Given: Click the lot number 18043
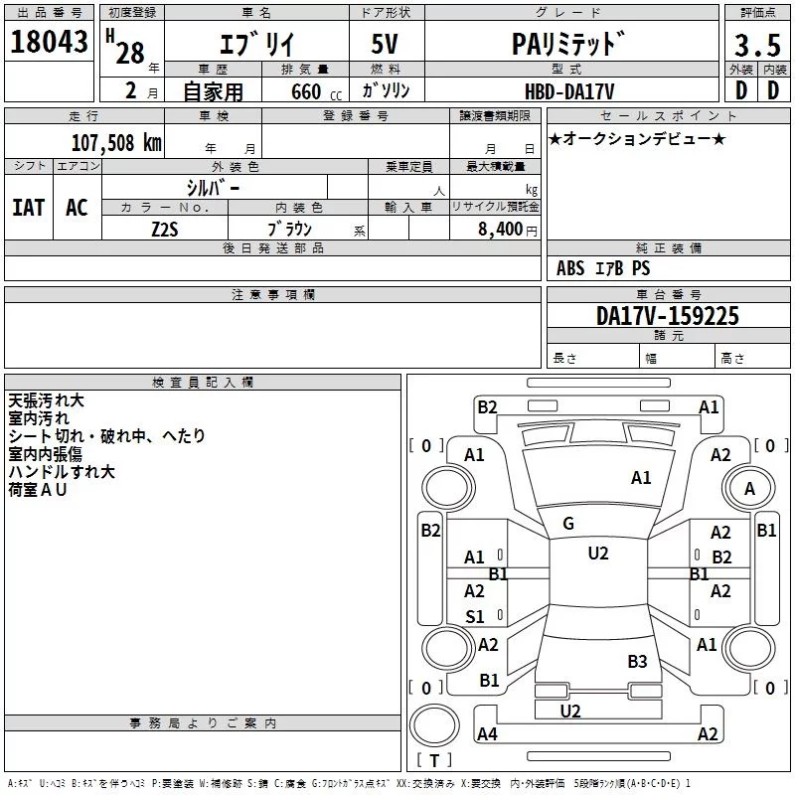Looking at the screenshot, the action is click(x=49, y=42).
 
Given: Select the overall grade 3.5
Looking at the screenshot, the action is click(x=757, y=45).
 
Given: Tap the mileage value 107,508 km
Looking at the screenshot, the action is click(x=116, y=143).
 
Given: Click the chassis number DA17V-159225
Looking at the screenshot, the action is click(x=668, y=316).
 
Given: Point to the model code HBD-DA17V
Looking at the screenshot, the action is click(x=569, y=91).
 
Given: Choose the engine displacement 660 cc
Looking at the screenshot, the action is click(x=316, y=91).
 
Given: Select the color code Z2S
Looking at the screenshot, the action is click(x=165, y=230).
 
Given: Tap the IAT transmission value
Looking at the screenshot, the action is click(x=29, y=208).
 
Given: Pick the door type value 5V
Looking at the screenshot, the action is click(x=385, y=44).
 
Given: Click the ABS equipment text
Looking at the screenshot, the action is click(x=570, y=267).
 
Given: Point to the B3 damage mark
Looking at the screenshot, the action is click(x=637, y=661).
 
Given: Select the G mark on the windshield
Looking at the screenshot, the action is click(x=568, y=524).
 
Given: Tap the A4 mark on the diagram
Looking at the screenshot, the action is click(x=487, y=733).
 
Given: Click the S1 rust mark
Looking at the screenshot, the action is click(x=475, y=616).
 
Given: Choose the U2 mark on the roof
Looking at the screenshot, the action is click(x=598, y=554).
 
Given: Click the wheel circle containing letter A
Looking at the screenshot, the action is click(x=749, y=488).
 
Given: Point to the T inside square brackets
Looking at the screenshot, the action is click(x=434, y=760).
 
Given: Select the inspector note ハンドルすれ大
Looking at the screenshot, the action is click(x=62, y=471).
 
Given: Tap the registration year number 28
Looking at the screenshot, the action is click(x=130, y=53).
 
